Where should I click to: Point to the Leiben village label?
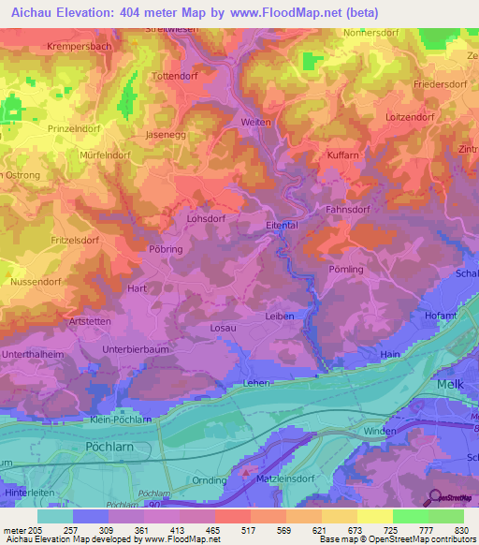(279, 317)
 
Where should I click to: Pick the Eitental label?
(282, 225)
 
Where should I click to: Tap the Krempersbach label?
(75, 45)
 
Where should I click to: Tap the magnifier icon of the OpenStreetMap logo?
(433, 496)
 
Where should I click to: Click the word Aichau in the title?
(31, 12)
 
